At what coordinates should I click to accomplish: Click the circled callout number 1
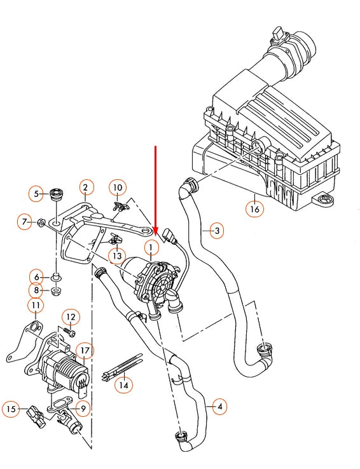pyautogui.click(x=151, y=246)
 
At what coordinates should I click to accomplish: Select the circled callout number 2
pyautogui.click(x=86, y=187)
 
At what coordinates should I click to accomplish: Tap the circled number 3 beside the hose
pyautogui.click(x=216, y=231)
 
